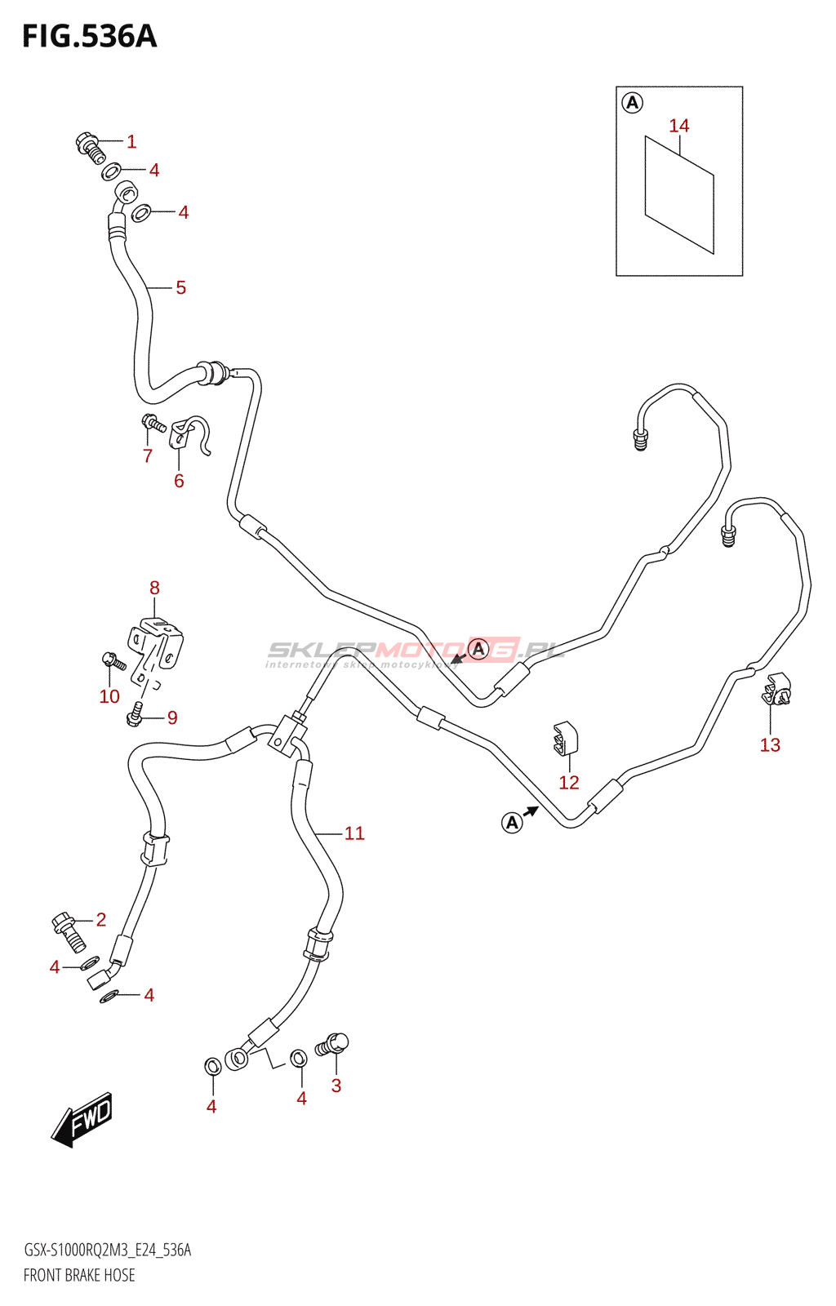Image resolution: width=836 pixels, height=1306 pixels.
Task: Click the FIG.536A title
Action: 89,37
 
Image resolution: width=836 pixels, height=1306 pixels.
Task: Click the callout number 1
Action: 131,142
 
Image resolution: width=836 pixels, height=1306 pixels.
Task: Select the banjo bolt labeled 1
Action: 90,146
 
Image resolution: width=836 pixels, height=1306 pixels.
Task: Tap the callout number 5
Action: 180,288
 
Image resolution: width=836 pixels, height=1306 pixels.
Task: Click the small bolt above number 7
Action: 153,423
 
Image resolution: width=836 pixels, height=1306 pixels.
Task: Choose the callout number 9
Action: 172,718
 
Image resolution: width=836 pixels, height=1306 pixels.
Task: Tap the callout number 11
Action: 354,833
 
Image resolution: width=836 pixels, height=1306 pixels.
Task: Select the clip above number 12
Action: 565,738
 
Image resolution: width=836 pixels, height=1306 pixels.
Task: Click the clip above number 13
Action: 776,690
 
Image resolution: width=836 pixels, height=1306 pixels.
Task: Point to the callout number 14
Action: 678,126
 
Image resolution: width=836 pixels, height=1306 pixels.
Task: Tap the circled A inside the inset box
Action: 632,103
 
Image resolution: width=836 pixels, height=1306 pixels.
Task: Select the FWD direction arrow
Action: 82,1119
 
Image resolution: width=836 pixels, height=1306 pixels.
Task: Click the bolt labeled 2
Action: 69,931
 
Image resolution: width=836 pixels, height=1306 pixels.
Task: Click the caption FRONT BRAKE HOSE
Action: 79,1275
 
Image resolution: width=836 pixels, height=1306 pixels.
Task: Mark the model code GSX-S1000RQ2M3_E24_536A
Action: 107,1250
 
